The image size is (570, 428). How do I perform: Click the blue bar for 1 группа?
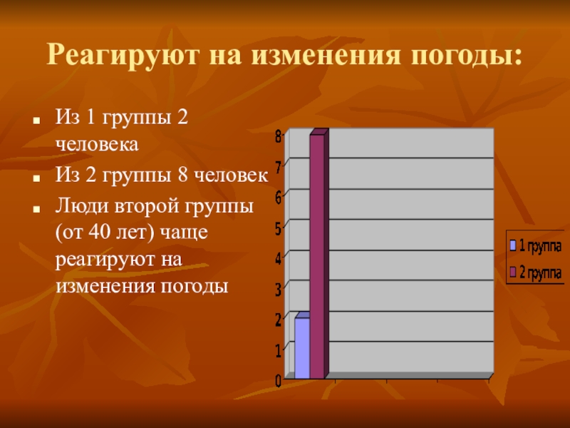point(302,348)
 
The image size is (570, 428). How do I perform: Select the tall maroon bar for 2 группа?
point(316,257)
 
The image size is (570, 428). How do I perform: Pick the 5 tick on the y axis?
point(279,226)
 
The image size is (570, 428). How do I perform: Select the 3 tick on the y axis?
point(279,287)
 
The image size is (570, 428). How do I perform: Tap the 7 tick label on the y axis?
point(279,165)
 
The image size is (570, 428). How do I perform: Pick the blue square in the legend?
point(512,246)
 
